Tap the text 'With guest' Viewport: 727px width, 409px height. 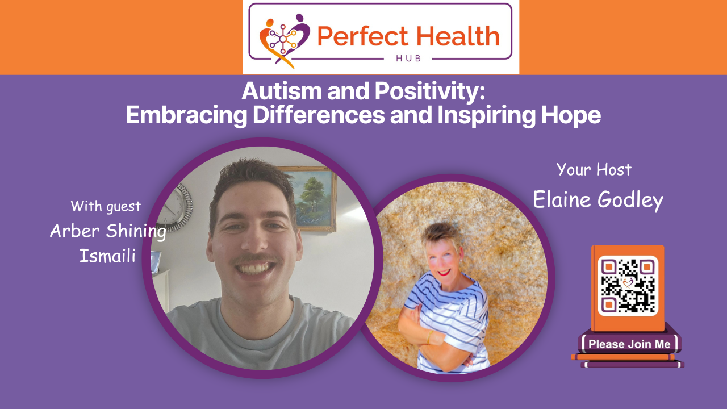(x=106, y=206)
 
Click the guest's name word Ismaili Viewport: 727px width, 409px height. (x=107, y=256)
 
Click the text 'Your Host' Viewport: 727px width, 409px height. (x=594, y=169)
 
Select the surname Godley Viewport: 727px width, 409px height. (x=632, y=200)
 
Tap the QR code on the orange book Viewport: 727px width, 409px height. (x=628, y=285)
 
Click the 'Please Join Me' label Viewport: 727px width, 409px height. (x=629, y=344)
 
